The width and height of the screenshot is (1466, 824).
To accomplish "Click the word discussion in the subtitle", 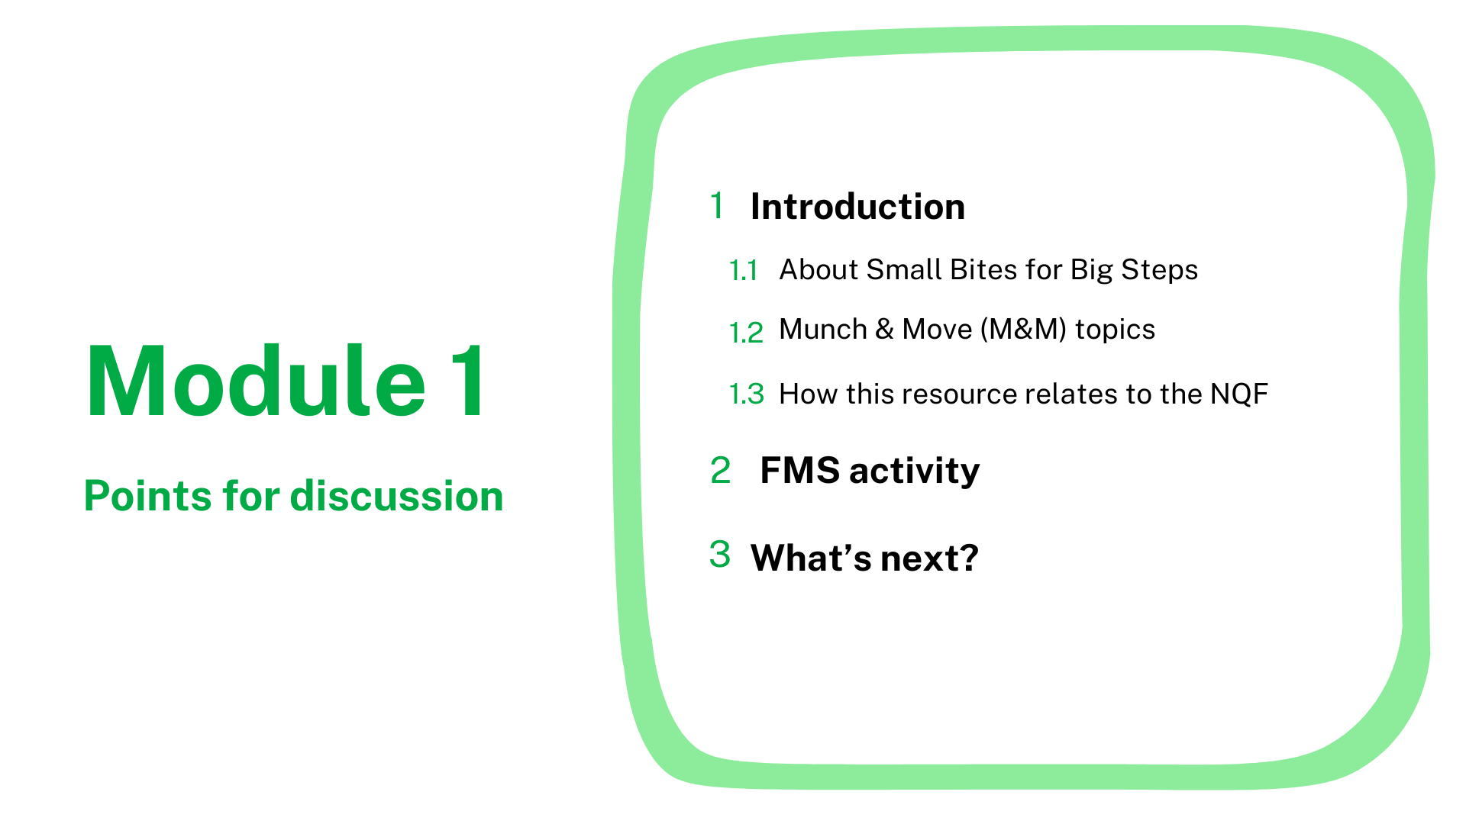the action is click(x=397, y=496).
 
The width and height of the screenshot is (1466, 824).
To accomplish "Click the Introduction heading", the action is click(x=857, y=207).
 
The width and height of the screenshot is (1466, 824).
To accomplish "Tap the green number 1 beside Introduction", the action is click(x=716, y=205).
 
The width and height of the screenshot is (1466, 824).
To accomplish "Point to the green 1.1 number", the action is click(x=743, y=271).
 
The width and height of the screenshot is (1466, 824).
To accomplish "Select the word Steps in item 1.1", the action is click(x=1159, y=271).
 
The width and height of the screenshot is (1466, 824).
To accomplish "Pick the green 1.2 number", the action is click(x=746, y=333).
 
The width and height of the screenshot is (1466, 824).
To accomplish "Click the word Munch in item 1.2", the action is click(x=823, y=330).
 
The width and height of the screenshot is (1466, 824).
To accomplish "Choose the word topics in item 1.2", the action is click(x=1115, y=330).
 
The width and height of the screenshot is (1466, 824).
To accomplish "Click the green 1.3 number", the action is click(x=747, y=394).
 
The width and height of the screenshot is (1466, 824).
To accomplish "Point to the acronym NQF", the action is click(x=1239, y=394).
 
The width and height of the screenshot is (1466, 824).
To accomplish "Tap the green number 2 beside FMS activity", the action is click(x=720, y=470).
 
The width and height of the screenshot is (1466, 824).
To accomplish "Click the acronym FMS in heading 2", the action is click(x=800, y=471).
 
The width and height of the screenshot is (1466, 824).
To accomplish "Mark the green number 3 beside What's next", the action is click(x=719, y=555).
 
